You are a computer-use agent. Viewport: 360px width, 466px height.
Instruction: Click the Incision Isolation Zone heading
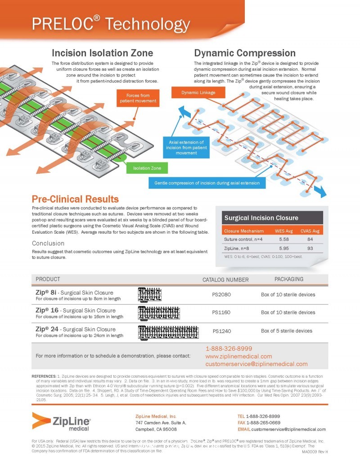102,53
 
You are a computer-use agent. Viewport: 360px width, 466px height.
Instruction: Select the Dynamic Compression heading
244,53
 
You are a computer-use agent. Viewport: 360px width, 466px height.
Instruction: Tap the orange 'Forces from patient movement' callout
138,98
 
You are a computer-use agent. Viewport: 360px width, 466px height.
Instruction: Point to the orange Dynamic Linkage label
198,93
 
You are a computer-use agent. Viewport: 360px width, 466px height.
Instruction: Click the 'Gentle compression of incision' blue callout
207,183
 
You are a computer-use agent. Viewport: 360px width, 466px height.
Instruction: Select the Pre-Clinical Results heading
75,199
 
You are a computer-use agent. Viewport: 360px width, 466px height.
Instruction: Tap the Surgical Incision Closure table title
261,218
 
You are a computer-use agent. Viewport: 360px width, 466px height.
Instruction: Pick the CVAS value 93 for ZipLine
310,248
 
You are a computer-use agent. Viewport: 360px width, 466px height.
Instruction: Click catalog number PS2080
221,295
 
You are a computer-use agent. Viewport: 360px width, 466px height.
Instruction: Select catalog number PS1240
221,331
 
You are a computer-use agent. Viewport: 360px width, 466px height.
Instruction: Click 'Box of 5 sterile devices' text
286,331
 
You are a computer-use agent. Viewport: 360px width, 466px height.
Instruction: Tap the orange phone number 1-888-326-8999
229,348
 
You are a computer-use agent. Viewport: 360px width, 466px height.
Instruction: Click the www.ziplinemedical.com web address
238,356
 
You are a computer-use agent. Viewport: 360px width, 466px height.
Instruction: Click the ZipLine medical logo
62,422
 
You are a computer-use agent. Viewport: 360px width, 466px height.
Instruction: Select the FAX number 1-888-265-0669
268,423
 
